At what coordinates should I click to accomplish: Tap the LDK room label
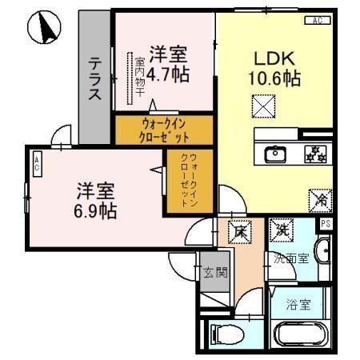click(x=274, y=58)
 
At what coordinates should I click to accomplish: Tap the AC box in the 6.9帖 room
click(x=37, y=165)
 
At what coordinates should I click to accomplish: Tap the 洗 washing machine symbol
click(x=282, y=230)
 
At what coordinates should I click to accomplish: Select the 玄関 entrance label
click(x=214, y=272)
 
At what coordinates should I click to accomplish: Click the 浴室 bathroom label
click(x=298, y=304)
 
